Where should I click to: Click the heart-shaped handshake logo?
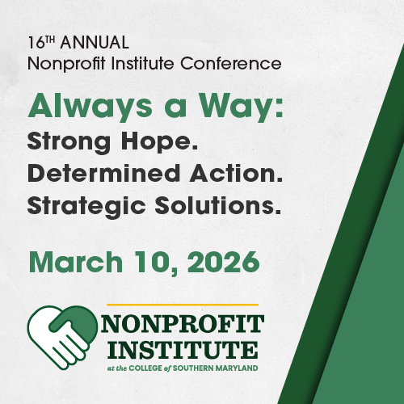61,336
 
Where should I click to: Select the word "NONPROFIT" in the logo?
183,325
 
